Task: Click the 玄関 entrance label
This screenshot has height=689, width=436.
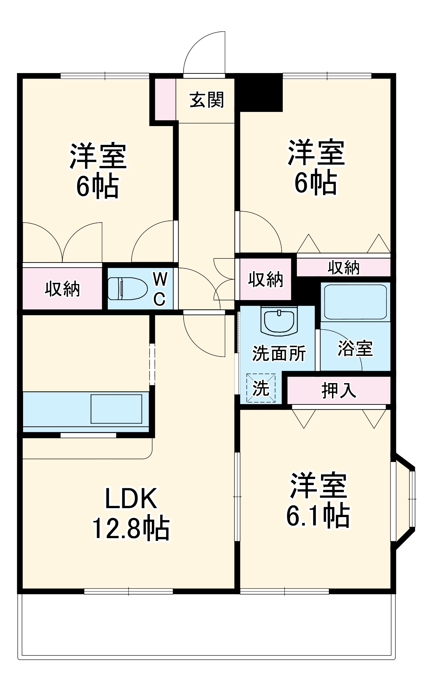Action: click(x=207, y=100)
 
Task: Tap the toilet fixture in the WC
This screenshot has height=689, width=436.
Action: click(x=127, y=289)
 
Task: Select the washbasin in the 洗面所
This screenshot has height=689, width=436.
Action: click(x=279, y=320)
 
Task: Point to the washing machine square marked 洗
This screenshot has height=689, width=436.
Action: click(x=261, y=388)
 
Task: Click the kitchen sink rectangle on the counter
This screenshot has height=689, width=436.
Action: click(x=116, y=409)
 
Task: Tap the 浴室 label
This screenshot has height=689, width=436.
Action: click(x=355, y=348)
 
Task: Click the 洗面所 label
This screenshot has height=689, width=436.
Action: click(x=279, y=353)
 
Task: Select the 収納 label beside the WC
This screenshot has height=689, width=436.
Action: click(x=62, y=289)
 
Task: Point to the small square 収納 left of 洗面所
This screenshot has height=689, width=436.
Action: click(x=266, y=279)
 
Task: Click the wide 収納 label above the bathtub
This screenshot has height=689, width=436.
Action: click(x=343, y=267)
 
